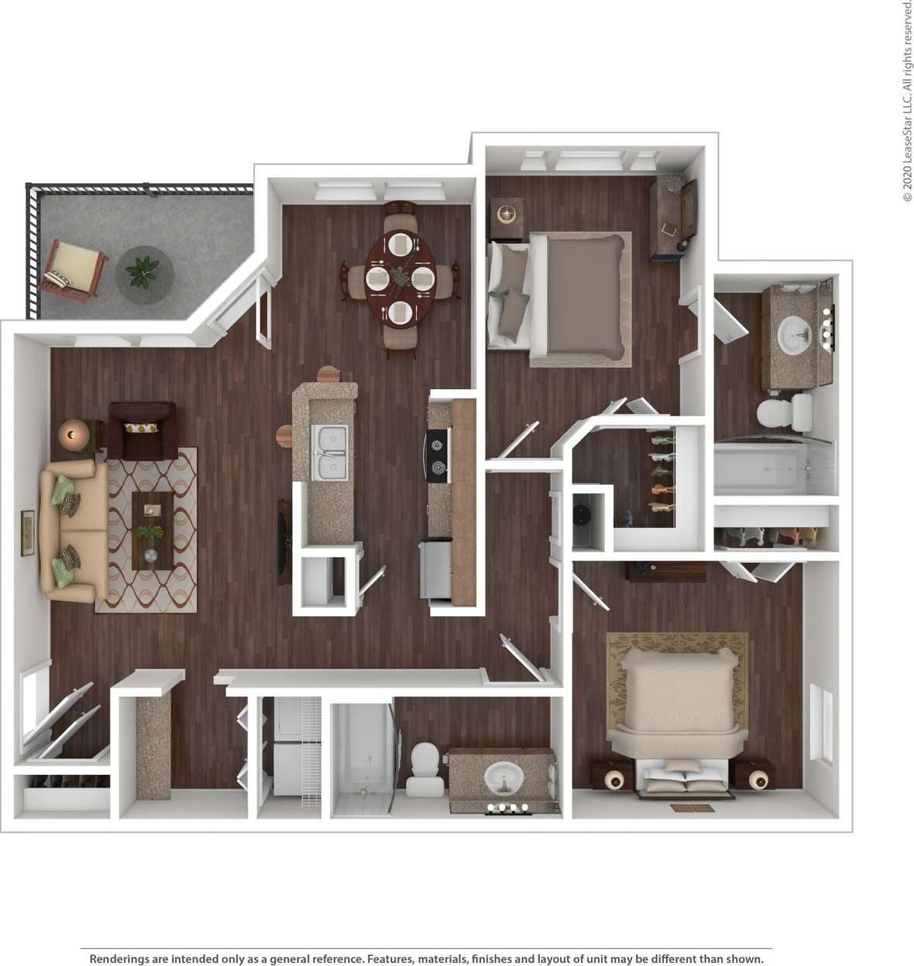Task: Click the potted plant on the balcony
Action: click(x=143, y=272)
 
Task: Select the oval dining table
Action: click(x=400, y=277)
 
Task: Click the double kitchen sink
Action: click(x=330, y=451)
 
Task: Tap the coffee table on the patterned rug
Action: click(x=152, y=532)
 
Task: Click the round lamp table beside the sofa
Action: click(x=74, y=435)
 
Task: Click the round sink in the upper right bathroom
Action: click(x=795, y=335)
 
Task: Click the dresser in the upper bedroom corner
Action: click(x=673, y=218)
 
